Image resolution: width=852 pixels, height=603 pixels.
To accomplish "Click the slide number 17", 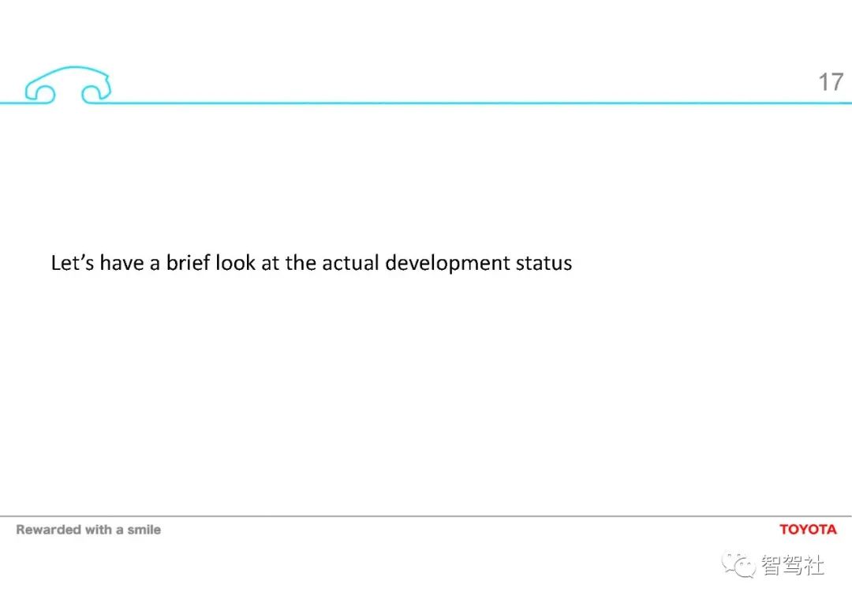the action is coord(831,82).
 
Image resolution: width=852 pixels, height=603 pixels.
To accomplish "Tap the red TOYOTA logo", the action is coord(808,530).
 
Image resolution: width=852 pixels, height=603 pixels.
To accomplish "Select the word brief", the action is coord(188,262).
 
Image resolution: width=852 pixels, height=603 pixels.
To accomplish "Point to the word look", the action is coord(235,262).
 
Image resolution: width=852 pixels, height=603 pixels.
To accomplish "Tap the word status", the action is coord(544,264).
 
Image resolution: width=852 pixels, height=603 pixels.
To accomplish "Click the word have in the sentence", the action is coord(121,262).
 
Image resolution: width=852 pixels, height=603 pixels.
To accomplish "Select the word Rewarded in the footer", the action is coord(48,530).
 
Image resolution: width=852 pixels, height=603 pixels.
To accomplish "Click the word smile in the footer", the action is coord(144,530).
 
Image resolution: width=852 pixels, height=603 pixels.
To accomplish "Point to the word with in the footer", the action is coord(98,530).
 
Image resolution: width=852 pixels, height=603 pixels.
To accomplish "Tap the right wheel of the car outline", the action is coord(96,93).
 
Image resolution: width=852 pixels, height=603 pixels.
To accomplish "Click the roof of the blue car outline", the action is coord(71,67).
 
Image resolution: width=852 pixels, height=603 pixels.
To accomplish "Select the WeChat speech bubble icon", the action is coord(738,565).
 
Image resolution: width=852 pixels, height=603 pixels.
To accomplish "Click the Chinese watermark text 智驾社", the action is coord(793,565).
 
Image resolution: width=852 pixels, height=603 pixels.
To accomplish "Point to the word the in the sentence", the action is coord(301,262).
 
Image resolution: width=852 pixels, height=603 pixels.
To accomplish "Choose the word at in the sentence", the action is coord(271,263).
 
